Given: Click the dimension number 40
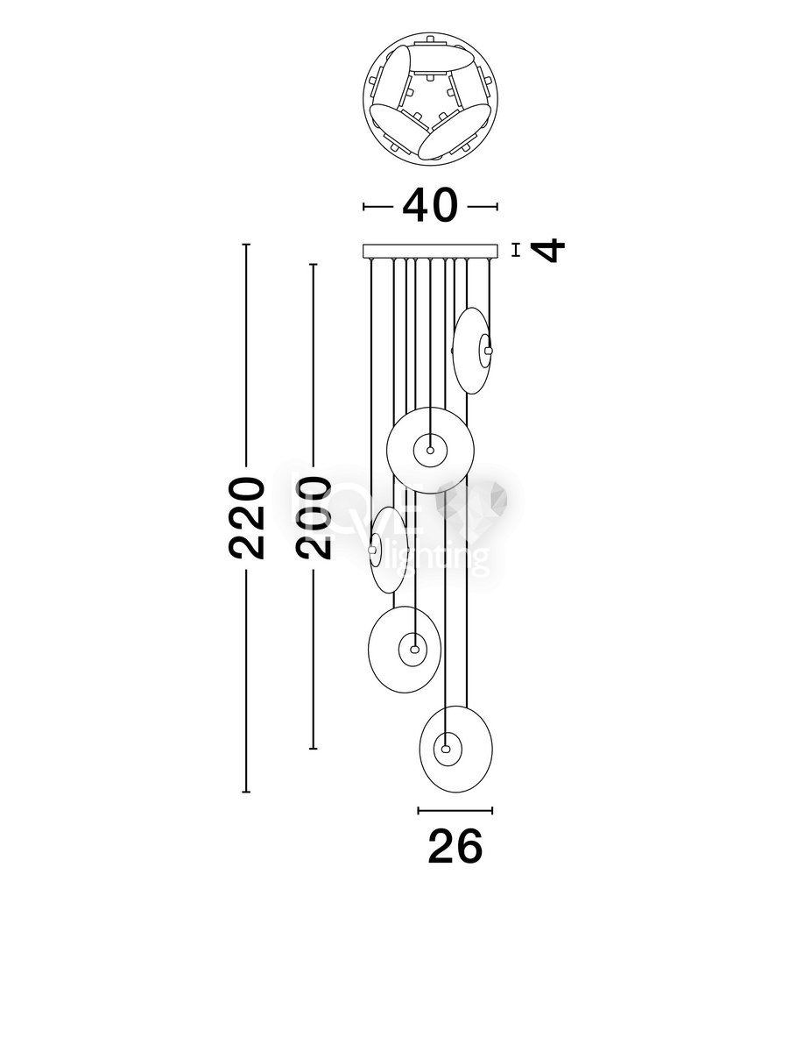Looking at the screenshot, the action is point(430,205).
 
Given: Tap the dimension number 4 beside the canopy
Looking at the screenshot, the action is point(548,250).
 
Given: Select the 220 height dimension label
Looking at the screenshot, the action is point(246,517).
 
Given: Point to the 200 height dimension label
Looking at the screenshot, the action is point(314,517).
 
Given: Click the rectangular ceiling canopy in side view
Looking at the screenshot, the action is point(430,251).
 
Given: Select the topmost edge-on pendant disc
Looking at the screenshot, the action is point(472,351).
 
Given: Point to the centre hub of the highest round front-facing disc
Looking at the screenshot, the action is point(430,450).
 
